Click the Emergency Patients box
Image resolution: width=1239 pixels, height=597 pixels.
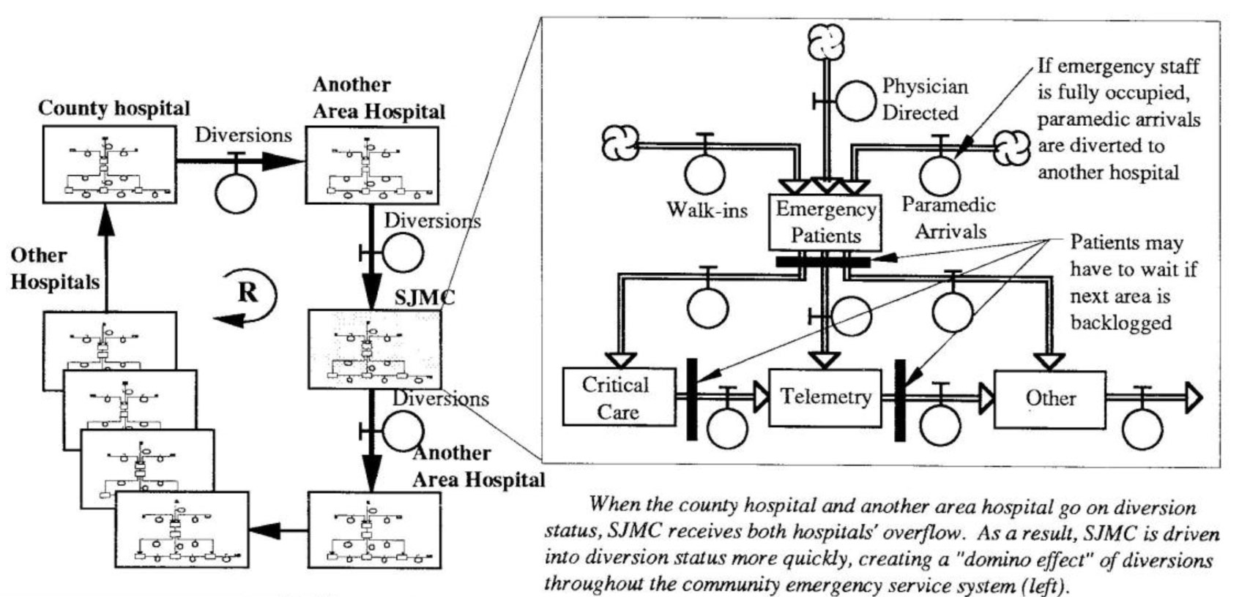(825, 222)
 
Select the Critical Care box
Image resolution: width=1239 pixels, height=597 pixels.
(618, 397)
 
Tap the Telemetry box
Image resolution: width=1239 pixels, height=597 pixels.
(825, 397)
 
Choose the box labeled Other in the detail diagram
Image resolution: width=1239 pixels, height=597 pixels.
(1049, 399)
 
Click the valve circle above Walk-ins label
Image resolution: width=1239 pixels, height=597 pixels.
(704, 173)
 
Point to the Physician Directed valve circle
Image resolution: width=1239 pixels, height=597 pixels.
(855, 99)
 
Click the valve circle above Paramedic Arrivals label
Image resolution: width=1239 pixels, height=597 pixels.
(940, 174)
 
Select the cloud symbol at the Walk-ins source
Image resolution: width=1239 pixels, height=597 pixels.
(619, 143)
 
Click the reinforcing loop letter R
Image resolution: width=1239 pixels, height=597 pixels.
(248, 292)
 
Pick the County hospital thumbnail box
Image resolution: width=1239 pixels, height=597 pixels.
(109, 165)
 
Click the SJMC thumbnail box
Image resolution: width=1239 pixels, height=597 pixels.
(374, 349)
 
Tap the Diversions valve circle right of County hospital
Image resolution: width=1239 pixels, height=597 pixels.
(236, 193)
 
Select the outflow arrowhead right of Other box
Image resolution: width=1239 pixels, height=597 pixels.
(1193, 398)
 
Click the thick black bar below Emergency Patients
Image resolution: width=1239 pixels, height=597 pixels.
(822, 261)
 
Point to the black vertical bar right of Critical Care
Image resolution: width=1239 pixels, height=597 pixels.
(691, 399)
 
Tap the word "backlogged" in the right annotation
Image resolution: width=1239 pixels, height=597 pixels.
(1120, 323)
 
